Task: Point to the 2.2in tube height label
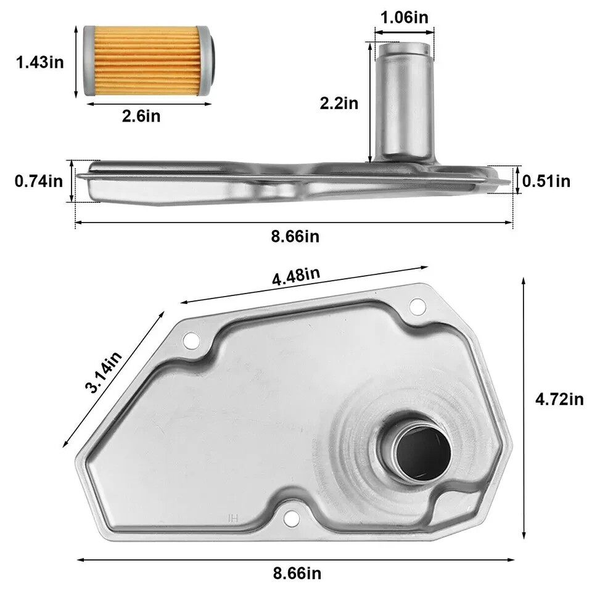[339, 103]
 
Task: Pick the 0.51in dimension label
[546, 181]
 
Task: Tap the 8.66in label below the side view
[297, 236]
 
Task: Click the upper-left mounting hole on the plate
[189, 339]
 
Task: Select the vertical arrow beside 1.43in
[76, 61]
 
